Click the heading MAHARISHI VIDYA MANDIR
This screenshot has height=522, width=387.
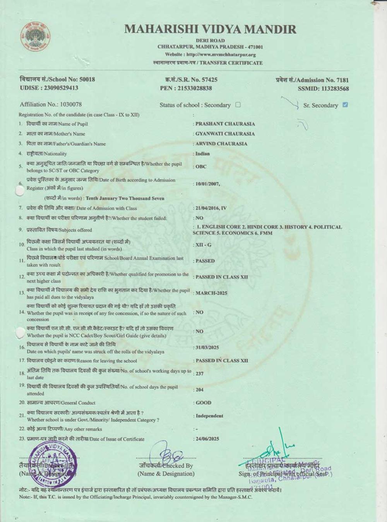click(x=210, y=29)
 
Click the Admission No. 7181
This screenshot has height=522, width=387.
click(x=341, y=80)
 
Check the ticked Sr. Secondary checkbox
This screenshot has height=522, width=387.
click(x=345, y=105)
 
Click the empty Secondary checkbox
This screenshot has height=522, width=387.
click(x=238, y=105)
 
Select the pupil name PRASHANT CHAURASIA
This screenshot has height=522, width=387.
click(x=225, y=124)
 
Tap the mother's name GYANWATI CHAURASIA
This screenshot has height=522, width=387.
click(x=225, y=134)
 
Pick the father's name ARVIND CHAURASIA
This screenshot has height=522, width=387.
click(x=221, y=143)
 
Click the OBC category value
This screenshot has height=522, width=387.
click(x=201, y=167)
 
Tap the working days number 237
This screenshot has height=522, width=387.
click(x=200, y=374)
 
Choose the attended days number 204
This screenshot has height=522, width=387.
click(x=200, y=390)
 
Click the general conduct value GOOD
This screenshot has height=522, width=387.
click(x=204, y=403)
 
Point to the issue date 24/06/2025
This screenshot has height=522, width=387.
click(x=207, y=439)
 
